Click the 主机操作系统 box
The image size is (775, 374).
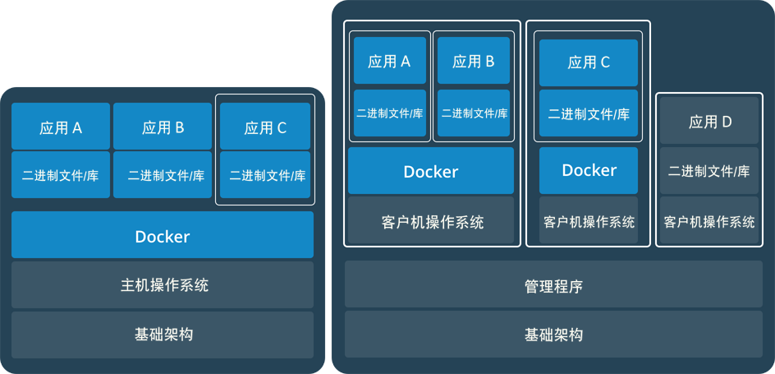pyautogui.click(x=163, y=285)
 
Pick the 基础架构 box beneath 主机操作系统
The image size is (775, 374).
pyautogui.click(x=163, y=335)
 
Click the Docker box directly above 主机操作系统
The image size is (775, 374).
pyautogui.click(x=163, y=236)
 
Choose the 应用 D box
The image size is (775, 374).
pyautogui.click(x=710, y=122)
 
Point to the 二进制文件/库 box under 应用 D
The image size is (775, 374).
pyautogui.click(x=710, y=171)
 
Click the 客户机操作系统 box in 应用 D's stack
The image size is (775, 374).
pyautogui.click(x=710, y=221)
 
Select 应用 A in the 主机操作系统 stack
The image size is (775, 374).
pyautogui.click(x=61, y=127)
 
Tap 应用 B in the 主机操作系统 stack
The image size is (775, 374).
pyautogui.click(x=163, y=127)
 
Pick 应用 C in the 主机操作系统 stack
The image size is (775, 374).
pyautogui.click(x=265, y=127)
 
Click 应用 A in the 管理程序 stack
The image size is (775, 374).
pyautogui.click(x=390, y=60)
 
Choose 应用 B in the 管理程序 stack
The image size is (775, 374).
pyautogui.click(x=474, y=60)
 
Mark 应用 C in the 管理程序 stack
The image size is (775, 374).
pyautogui.click(x=589, y=62)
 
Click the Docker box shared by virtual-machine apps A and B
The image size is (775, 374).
pyautogui.click(x=431, y=171)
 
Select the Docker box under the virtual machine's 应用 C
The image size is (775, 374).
pyautogui.click(x=589, y=170)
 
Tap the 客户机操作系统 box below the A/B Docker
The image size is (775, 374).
pyautogui.click(x=431, y=221)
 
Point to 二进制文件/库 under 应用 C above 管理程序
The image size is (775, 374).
pyautogui.click(x=589, y=113)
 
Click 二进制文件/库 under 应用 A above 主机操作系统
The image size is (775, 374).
pyautogui.click(x=61, y=174)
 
